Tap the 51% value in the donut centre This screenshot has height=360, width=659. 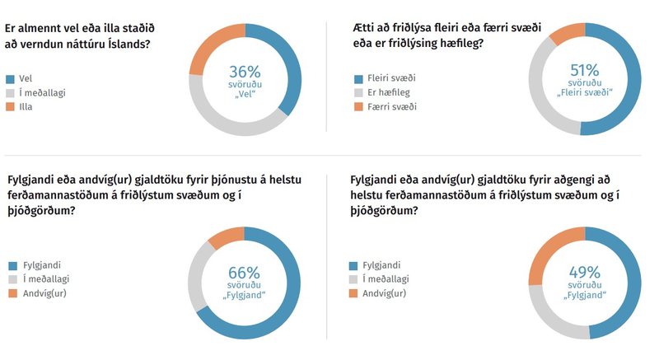[x=585, y=71]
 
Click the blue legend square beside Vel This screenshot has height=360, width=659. [x=11, y=79]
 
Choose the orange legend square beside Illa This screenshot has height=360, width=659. [x=11, y=106]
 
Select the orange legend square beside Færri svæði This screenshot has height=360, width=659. [x=358, y=107]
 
